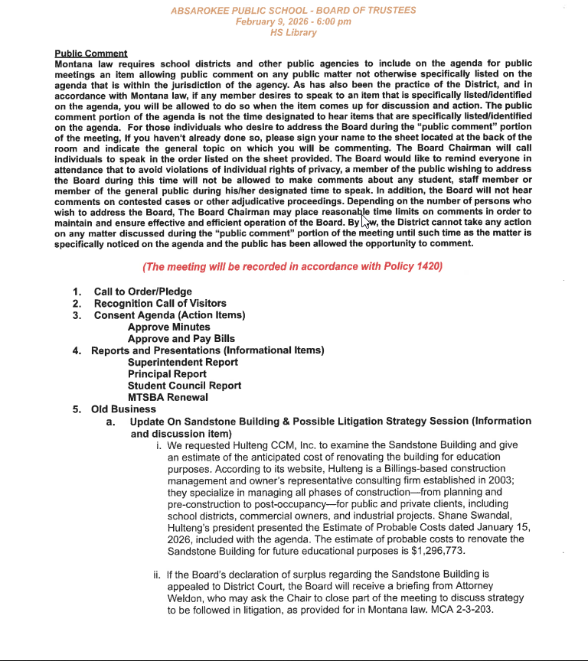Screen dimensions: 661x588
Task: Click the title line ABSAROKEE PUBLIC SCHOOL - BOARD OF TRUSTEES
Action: pos(293,10)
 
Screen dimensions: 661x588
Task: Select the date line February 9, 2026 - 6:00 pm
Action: pos(293,21)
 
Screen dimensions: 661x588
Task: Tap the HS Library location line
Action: pos(293,33)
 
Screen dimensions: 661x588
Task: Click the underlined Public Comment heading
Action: pos(91,53)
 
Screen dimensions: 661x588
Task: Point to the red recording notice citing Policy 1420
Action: pos(292,266)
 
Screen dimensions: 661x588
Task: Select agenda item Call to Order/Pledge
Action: pos(142,291)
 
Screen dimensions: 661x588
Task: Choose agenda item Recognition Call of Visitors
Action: pos(160,303)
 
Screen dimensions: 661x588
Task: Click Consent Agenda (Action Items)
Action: pos(169,315)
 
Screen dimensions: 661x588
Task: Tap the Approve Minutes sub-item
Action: pos(168,327)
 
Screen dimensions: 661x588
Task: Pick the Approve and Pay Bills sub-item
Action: pos(181,338)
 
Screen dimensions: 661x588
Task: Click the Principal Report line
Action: pos(167,374)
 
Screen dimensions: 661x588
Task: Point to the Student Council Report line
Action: pos(184,386)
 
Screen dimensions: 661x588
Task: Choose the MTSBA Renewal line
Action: pos(168,397)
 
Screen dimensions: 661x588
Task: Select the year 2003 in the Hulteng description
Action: pos(499,480)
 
